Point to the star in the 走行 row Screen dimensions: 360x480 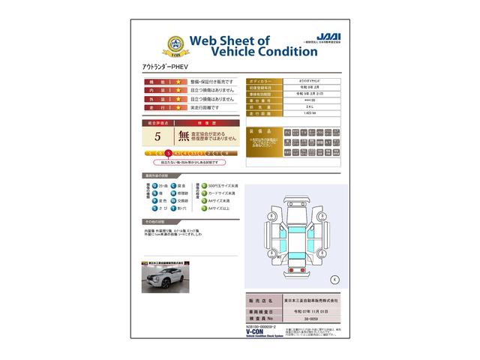point(178,108)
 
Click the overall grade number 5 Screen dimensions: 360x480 point(157,136)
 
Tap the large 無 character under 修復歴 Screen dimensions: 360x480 point(184,136)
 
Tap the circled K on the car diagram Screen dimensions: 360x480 point(334,279)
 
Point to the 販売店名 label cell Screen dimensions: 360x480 point(259,299)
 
